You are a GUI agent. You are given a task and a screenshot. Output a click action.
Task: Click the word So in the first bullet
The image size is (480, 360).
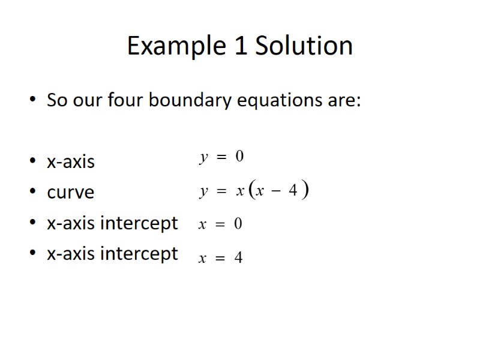tap(57, 100)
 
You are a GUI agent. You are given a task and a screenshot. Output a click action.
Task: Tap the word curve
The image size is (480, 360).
tap(70, 193)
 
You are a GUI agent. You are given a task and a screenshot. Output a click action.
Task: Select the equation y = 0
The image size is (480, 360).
tap(221, 157)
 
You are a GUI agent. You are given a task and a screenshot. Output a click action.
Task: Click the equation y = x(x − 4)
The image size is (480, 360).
tap(254, 191)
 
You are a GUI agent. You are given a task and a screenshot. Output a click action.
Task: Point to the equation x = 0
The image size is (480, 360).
tap(220, 224)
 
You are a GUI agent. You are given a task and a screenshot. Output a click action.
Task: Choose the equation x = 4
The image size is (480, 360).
tap(220, 258)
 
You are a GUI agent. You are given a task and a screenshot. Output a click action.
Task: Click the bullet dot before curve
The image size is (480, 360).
tap(32, 193)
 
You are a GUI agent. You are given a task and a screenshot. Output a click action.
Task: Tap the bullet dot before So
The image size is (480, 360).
tap(32, 100)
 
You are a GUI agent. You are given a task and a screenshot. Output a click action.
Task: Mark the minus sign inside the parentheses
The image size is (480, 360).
tap(277, 192)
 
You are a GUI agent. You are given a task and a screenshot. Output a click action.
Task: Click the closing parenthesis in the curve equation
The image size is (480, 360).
tap(305, 191)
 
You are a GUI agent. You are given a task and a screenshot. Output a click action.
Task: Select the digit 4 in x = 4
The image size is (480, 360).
tap(238, 258)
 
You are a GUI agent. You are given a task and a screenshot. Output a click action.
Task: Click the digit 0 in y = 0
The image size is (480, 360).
tap(239, 157)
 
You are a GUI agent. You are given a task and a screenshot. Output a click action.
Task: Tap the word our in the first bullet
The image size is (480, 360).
tap(88, 100)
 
